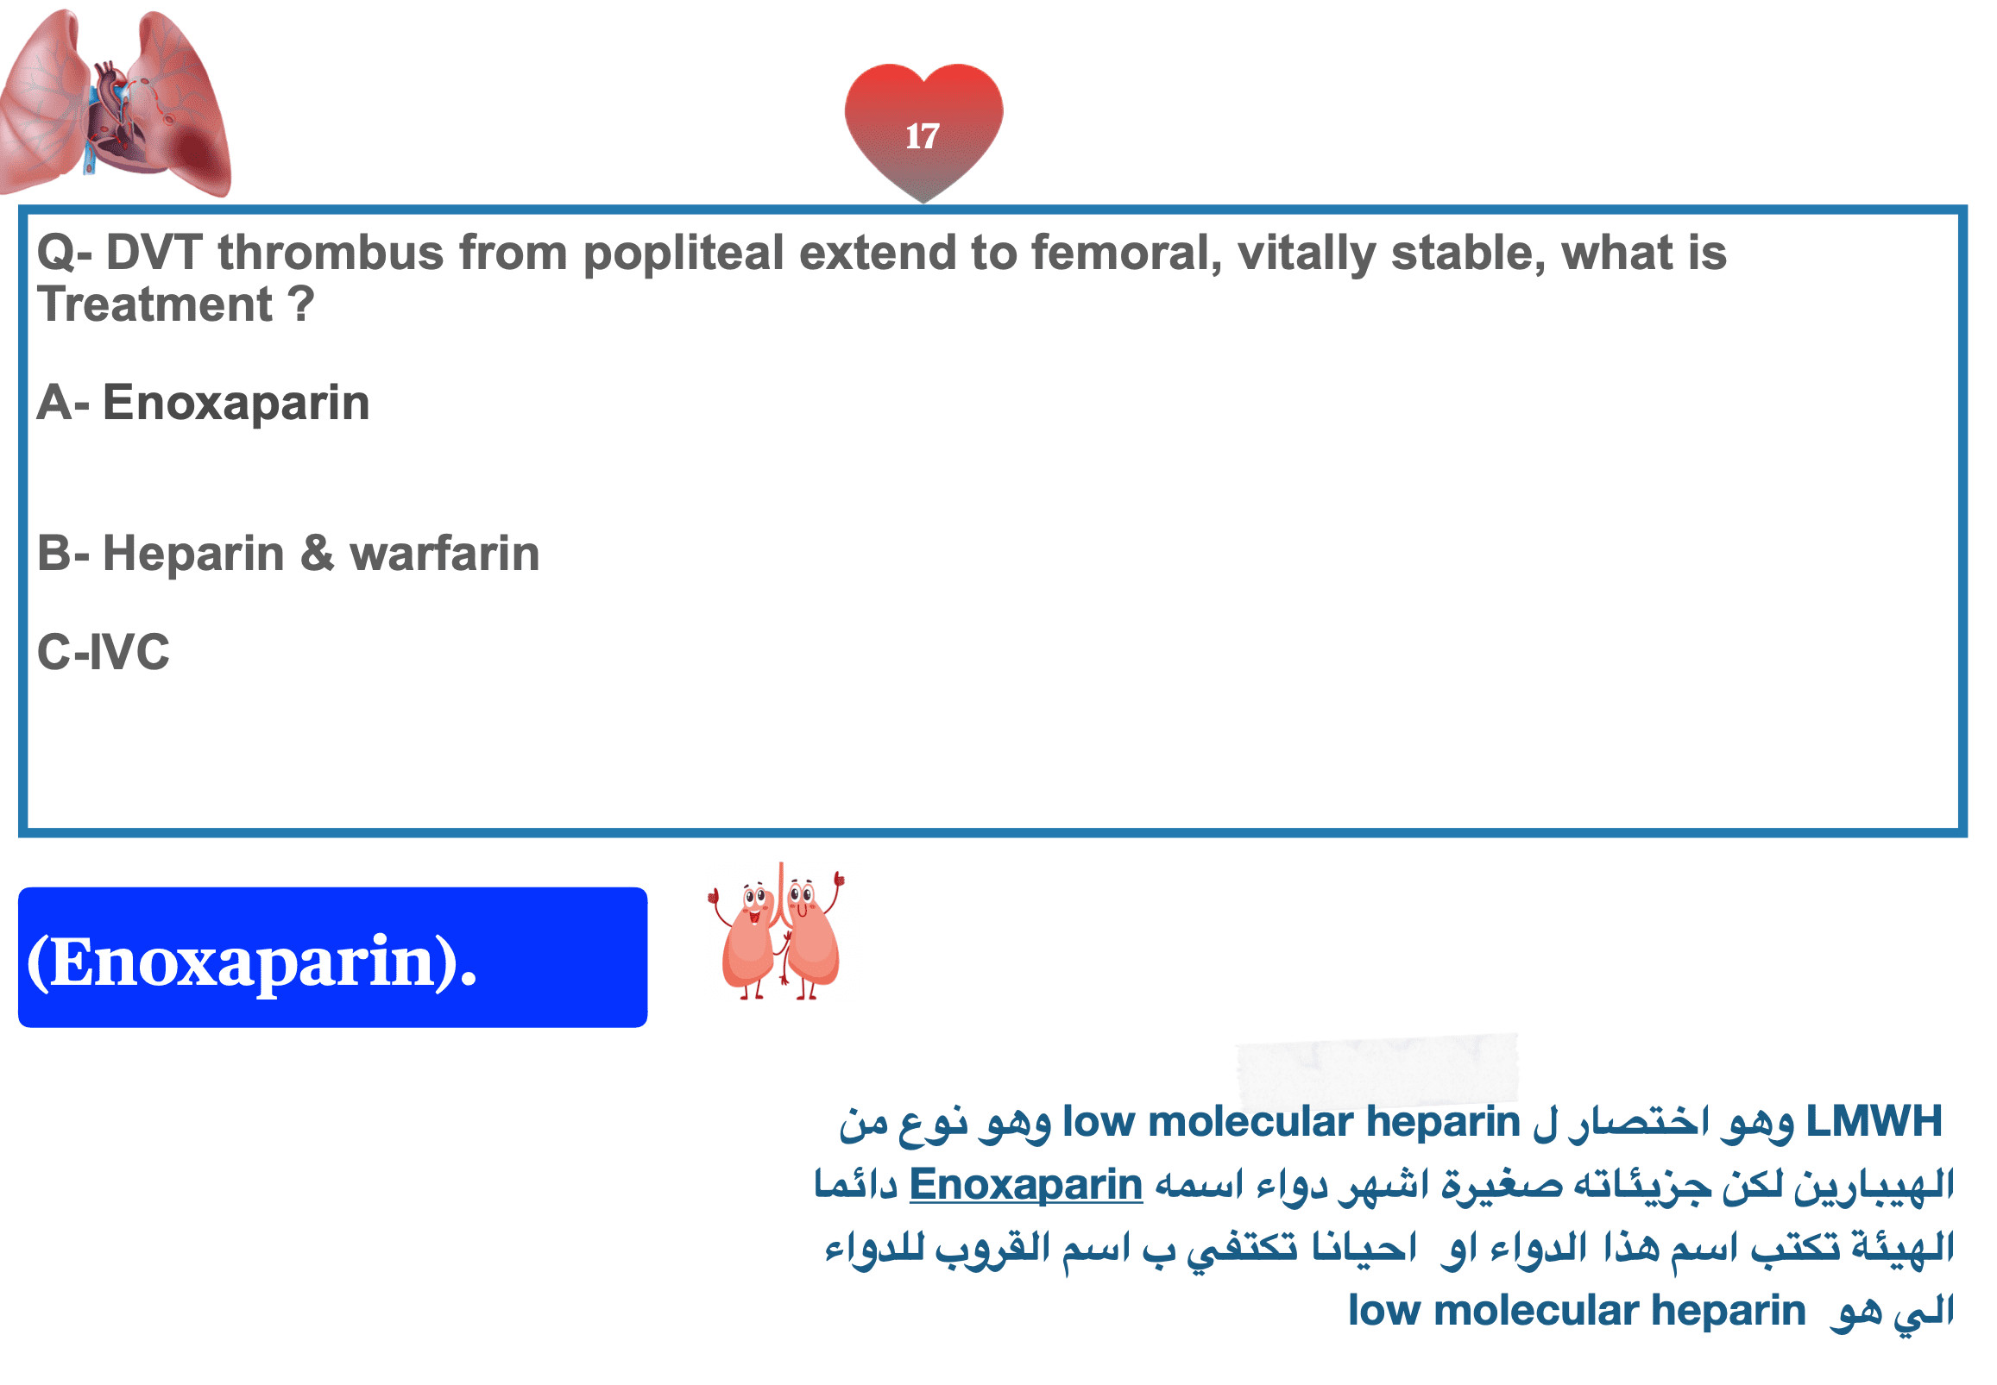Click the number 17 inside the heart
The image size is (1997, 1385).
click(x=921, y=136)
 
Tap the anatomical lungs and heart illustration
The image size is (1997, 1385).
click(x=116, y=103)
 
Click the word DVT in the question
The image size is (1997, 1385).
click(x=154, y=253)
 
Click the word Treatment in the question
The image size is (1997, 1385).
click(x=154, y=304)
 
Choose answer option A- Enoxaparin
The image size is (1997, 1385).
click(x=203, y=404)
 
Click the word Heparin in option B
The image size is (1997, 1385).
click(x=193, y=555)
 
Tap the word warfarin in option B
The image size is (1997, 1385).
click(x=444, y=554)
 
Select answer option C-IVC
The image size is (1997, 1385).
click(x=104, y=652)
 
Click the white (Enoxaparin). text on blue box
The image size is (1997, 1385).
click(x=252, y=962)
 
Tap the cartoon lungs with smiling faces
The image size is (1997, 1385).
click(x=777, y=932)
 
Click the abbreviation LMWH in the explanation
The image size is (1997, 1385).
click(x=1874, y=1121)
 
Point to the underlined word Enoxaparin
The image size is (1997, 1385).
click(x=1025, y=1187)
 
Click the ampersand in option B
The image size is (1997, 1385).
click(x=317, y=554)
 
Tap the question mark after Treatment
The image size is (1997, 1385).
click(x=300, y=304)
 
